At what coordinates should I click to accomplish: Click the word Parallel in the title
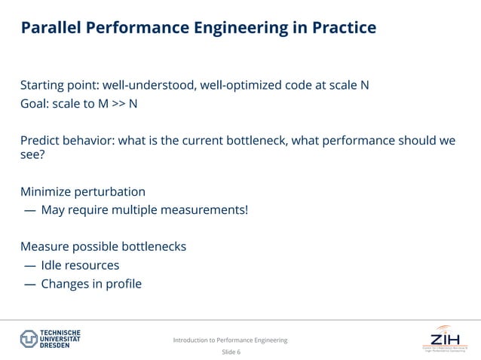(50, 29)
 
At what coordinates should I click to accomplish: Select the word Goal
(35, 103)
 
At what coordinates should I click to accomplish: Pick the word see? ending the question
(33, 156)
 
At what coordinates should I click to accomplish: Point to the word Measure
(44, 246)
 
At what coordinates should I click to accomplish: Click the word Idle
(52, 265)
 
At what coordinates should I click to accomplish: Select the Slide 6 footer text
(231, 352)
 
